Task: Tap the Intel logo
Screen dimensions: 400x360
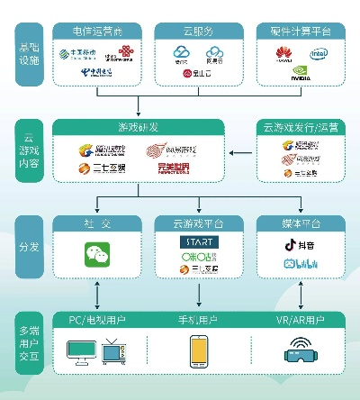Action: click(x=319, y=53)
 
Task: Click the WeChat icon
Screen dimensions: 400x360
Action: click(x=95, y=253)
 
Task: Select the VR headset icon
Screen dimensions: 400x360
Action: click(x=298, y=349)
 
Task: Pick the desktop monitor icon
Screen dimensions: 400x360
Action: click(x=79, y=350)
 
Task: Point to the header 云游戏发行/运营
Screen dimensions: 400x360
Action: click(x=297, y=127)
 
